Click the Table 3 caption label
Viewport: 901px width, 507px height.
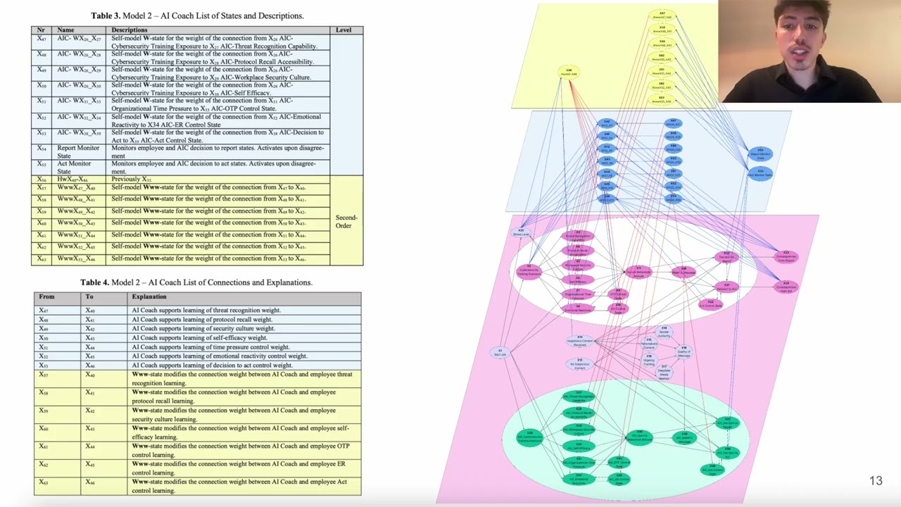point(197,15)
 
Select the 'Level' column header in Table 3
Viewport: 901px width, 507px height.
point(344,30)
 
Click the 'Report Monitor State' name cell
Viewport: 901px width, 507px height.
point(78,152)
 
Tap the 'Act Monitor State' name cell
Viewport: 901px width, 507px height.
point(74,168)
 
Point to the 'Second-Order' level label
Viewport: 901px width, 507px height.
point(346,221)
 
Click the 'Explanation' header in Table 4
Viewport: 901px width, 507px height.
point(149,296)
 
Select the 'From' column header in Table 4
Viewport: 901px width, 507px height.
point(46,296)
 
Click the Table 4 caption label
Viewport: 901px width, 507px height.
point(196,282)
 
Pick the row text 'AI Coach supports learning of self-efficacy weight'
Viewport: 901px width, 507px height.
point(199,337)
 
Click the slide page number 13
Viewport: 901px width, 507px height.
point(875,481)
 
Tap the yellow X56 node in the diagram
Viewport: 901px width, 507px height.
point(569,72)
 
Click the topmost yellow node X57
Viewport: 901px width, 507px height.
point(662,15)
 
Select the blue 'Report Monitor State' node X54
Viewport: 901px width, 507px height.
point(760,154)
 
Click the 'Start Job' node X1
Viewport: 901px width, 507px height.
point(500,352)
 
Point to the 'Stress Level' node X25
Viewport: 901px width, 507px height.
point(522,232)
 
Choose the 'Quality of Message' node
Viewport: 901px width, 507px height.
point(683,351)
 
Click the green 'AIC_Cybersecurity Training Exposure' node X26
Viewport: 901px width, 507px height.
point(530,437)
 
